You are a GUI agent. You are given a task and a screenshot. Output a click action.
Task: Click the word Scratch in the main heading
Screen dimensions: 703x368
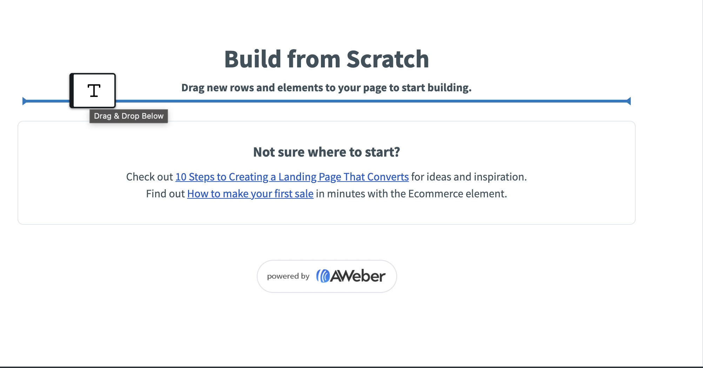388,59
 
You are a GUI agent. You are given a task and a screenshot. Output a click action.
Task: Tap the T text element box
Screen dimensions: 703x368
93,91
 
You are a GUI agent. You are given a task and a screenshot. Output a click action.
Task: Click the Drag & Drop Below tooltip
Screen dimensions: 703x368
129,116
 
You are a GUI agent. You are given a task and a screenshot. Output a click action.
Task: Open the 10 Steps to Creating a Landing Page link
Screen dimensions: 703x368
292,177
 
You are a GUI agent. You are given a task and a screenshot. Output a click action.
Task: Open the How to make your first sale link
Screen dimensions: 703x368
250,194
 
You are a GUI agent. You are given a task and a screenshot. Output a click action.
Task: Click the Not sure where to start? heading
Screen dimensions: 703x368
327,152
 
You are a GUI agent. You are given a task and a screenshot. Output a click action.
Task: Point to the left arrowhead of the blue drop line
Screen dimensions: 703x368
25,101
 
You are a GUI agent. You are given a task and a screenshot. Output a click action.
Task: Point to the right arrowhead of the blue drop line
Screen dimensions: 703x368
629,101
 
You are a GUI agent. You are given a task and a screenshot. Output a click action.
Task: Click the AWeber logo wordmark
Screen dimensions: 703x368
358,276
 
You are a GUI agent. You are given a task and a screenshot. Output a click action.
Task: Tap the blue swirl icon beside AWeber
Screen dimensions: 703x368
323,276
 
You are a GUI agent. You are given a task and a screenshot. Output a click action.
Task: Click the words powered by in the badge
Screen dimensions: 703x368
288,276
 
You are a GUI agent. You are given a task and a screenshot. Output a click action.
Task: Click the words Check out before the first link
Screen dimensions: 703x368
149,177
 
